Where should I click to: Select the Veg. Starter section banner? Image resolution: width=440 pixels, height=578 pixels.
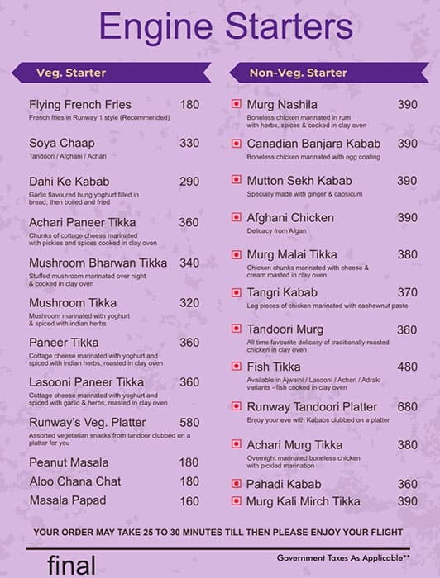(x=71, y=73)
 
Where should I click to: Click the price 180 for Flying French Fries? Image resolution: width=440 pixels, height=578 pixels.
(x=189, y=105)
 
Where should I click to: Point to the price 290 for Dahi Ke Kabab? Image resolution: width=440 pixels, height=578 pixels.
(x=189, y=182)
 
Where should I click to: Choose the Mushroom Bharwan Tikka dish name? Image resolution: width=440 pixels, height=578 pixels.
(x=98, y=263)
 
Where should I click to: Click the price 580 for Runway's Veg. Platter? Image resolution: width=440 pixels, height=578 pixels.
(x=189, y=423)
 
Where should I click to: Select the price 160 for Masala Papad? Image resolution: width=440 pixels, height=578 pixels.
(x=189, y=500)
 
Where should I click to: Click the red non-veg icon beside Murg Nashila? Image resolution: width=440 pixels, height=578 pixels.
(x=237, y=105)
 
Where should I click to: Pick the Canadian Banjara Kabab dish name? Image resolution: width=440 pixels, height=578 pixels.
(x=313, y=144)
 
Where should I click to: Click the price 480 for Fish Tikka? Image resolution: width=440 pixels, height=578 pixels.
(x=407, y=367)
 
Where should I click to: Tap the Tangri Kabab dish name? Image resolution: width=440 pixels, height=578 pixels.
(x=281, y=292)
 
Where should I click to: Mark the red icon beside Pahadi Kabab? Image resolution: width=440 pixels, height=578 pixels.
(x=237, y=485)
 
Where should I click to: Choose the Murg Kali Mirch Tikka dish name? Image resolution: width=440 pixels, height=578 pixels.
(x=304, y=501)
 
